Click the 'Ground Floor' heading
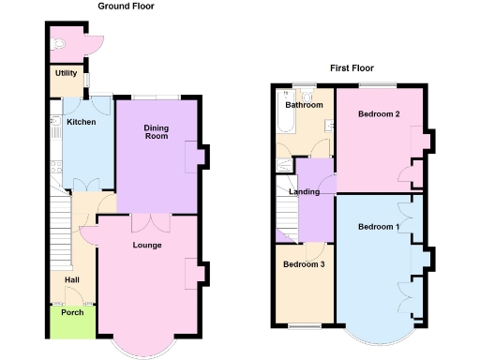[127, 7]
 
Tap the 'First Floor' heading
[352, 68]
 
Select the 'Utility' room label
[66, 73]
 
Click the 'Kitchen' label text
[81, 122]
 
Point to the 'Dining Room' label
[156, 131]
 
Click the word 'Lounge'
[147, 246]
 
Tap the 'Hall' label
[71, 279]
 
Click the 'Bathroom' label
[304, 105]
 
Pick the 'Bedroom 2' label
[379, 114]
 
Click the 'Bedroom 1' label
[379, 227]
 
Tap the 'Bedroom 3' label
[304, 264]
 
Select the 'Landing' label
[305, 192]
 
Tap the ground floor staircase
[62, 230]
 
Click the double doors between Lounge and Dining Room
[150, 221]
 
